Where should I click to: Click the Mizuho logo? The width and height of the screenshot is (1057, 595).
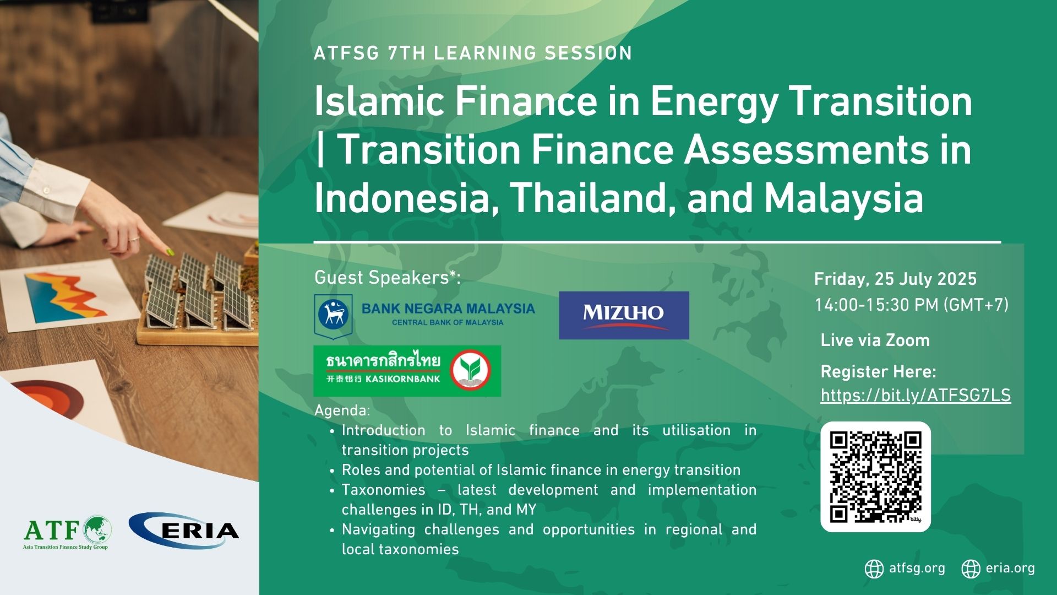(x=624, y=315)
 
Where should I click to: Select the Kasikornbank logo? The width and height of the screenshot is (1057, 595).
(x=407, y=371)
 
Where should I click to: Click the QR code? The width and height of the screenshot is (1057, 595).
(x=875, y=477)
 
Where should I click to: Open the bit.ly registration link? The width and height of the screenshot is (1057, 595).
(x=916, y=396)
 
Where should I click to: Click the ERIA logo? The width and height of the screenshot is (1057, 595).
(x=184, y=531)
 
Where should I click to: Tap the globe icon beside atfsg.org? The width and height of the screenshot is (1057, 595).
(x=874, y=569)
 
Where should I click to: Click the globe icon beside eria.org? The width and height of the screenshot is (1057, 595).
(x=971, y=569)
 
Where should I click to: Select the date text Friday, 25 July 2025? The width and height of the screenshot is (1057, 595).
(x=896, y=279)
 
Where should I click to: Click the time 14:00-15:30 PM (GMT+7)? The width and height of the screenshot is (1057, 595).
(x=912, y=305)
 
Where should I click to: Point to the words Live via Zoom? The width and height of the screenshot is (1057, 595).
(x=875, y=340)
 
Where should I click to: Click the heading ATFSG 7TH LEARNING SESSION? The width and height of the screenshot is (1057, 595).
(x=473, y=53)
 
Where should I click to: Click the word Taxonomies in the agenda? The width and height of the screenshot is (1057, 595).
(x=384, y=490)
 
